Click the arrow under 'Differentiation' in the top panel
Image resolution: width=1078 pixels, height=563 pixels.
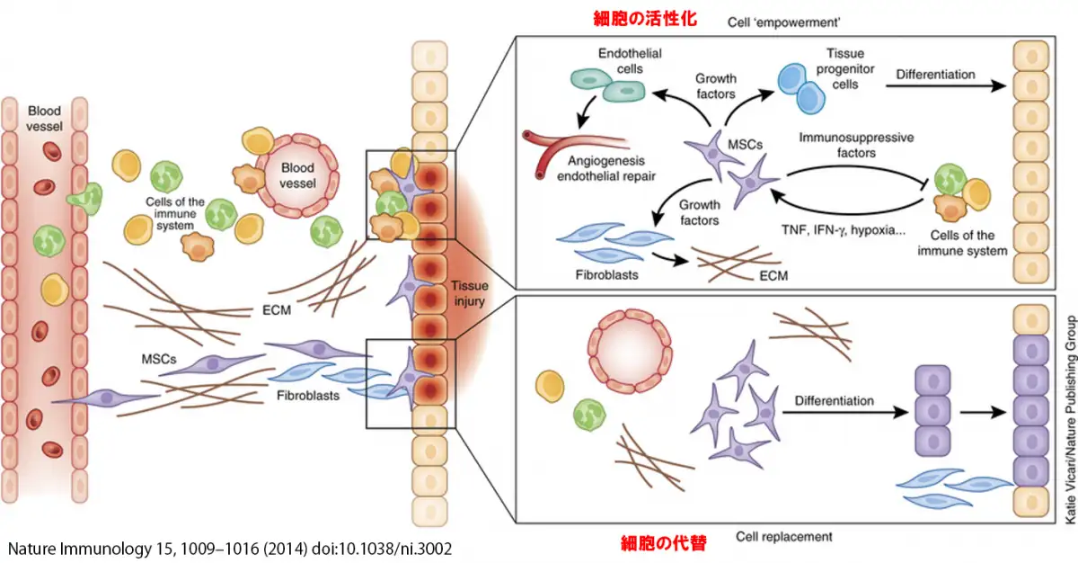(942, 88)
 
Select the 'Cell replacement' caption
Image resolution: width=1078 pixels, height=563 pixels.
(784, 537)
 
